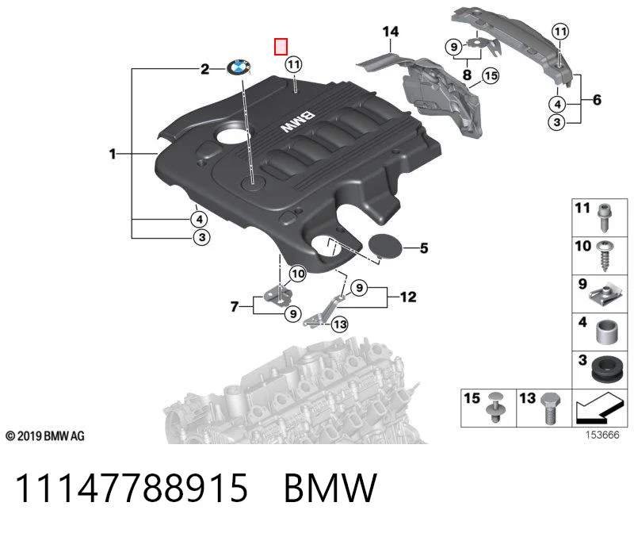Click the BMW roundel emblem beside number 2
(239, 67)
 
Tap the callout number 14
(390, 32)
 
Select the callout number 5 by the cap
(424, 248)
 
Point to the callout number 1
(113, 154)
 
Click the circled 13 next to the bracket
(340, 324)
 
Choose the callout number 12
(408, 297)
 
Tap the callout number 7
(235, 307)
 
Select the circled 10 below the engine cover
(298, 274)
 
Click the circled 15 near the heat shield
(491, 75)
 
